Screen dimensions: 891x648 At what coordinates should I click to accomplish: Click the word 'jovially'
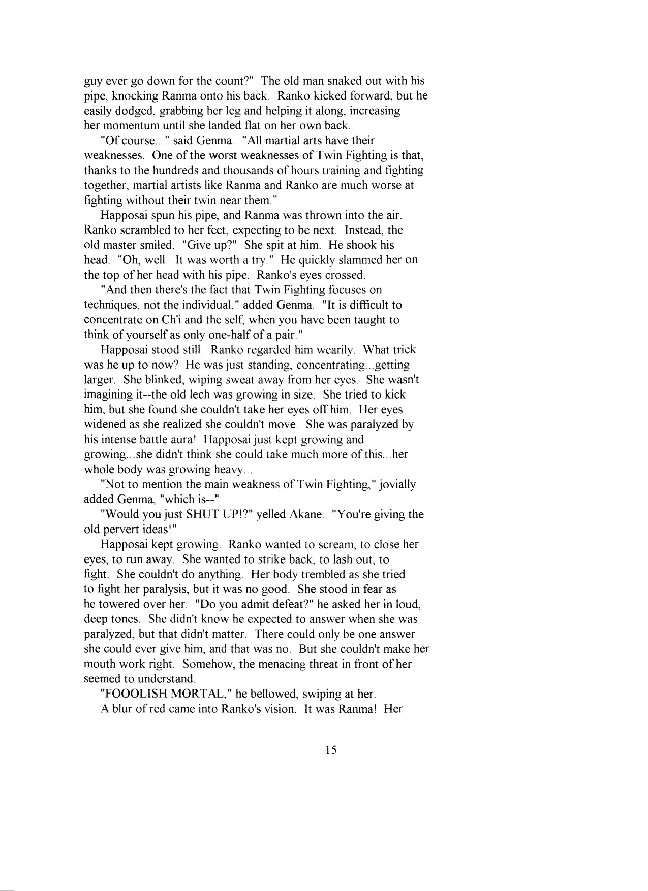click(394, 485)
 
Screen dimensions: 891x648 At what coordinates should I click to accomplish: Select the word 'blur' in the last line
click(123, 709)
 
